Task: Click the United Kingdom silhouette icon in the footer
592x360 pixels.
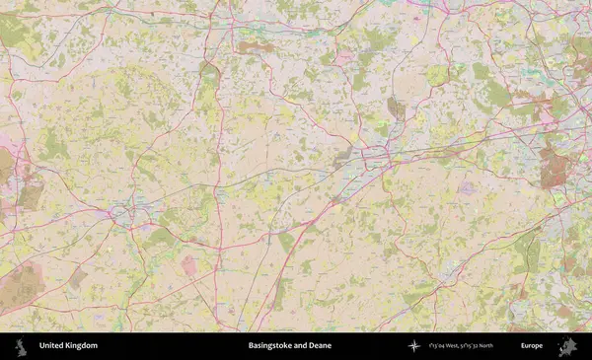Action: click(21, 346)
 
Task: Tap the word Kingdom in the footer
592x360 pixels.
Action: click(83, 346)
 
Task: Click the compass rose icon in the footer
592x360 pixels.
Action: click(414, 346)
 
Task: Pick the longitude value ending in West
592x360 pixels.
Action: click(447, 346)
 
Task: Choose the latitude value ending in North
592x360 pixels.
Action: click(488, 346)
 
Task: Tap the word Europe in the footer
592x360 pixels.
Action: click(532, 346)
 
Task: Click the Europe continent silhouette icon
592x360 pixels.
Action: click(567, 346)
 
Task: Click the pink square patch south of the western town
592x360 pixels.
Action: click(188, 265)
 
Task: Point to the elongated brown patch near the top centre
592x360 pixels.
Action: click(255, 46)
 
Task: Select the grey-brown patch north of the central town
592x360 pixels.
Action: click(397, 107)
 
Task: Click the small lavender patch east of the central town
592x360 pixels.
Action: click(466, 186)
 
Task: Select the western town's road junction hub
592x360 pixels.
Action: click(121, 211)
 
